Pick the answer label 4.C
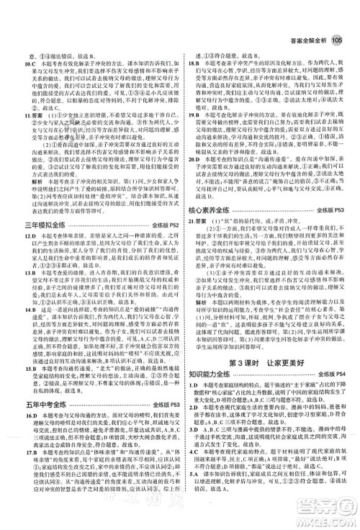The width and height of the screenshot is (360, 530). (192, 459)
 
